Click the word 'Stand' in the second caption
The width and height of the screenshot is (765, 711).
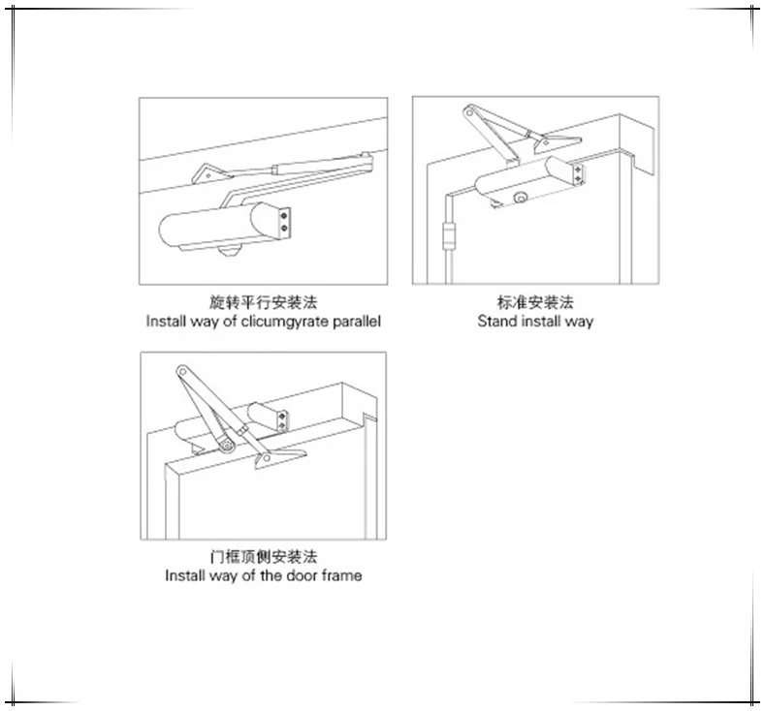[x=496, y=321]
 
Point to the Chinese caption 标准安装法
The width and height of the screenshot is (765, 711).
[x=534, y=302]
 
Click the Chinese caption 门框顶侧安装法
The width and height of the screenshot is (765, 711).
[x=264, y=557]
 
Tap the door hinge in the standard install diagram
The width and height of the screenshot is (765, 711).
[x=447, y=235]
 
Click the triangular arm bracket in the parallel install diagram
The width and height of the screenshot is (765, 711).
[x=208, y=173]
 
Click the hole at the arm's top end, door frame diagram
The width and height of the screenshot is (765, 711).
[x=181, y=370]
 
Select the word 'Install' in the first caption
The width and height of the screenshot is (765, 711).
[x=164, y=322]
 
